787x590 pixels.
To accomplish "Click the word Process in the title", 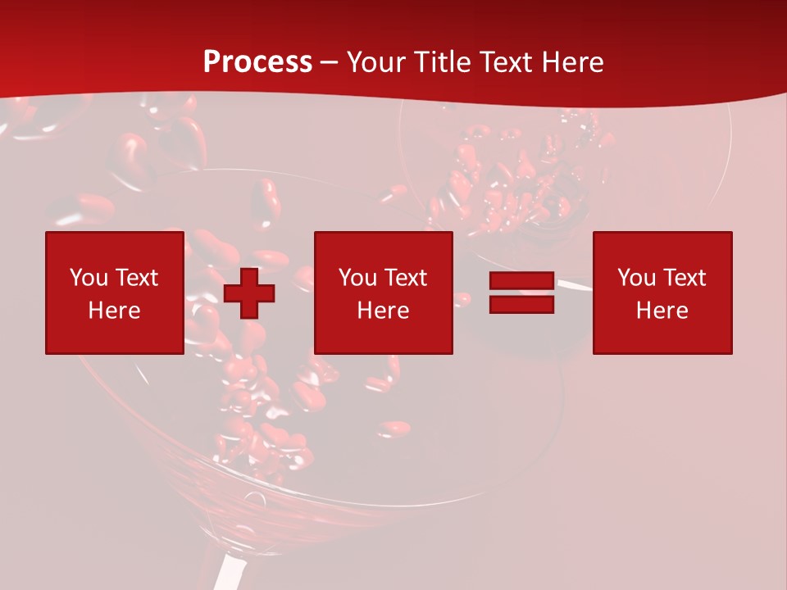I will pyautogui.click(x=257, y=62).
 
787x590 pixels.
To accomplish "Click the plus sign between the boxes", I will pyautogui.click(x=249, y=293).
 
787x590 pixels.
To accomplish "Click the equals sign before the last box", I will pyautogui.click(x=521, y=293).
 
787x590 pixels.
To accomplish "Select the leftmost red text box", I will pyautogui.click(x=115, y=293).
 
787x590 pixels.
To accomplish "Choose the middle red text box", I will pyautogui.click(x=384, y=293).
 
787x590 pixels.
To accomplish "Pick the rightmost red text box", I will pyautogui.click(x=662, y=293).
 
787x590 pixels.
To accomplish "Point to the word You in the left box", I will pyautogui.click(x=89, y=278).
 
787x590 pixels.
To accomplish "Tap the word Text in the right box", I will pyautogui.click(x=684, y=278).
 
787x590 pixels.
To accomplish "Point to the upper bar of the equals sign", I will pyautogui.click(x=521, y=281).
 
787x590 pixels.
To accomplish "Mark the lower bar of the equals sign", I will pyautogui.click(x=521, y=304).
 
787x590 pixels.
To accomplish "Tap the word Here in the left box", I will pyautogui.click(x=115, y=311).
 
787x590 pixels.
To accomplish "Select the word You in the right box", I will pyautogui.click(x=636, y=278).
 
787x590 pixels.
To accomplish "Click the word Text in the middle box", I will pyautogui.click(x=405, y=278).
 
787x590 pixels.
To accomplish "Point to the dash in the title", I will pyautogui.click(x=330, y=63).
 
